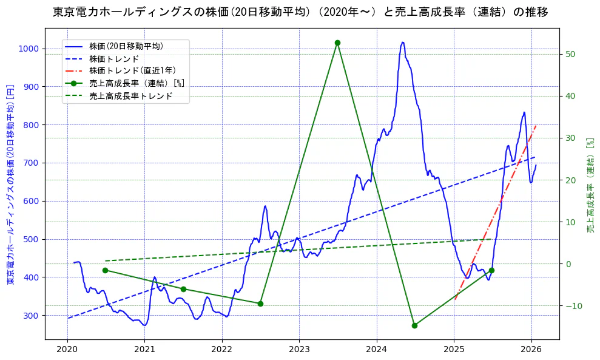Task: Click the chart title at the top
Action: [x=300, y=12]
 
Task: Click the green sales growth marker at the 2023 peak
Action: [x=337, y=42]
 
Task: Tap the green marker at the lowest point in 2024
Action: [x=414, y=325]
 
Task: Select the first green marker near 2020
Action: [x=105, y=270]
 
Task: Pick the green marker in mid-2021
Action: [x=183, y=289]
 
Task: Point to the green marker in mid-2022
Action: [x=260, y=304]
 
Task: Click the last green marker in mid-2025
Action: [x=491, y=270]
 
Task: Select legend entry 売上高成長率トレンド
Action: [x=130, y=96]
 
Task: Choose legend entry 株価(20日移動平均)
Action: [x=126, y=46]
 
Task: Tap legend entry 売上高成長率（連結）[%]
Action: [x=136, y=83]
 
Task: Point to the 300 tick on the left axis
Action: [x=31, y=316]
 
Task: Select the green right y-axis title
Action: [x=590, y=185]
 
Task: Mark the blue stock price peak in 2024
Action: [x=403, y=42]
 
